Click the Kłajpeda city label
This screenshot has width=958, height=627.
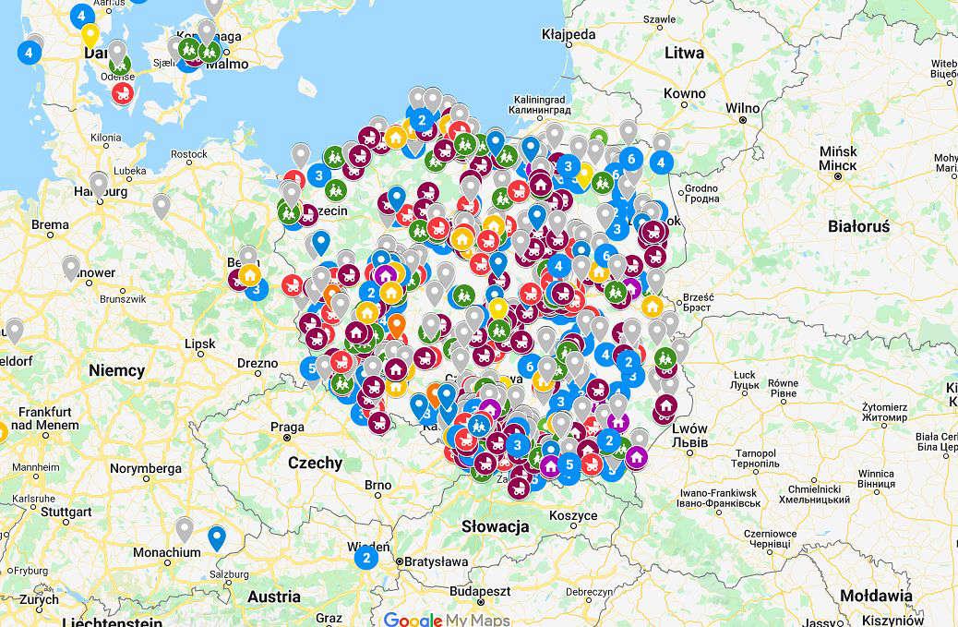(x=569, y=33)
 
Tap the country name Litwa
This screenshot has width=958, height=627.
(x=684, y=53)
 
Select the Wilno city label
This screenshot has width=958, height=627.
(x=742, y=108)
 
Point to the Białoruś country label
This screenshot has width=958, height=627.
(x=858, y=226)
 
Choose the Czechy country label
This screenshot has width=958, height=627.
(x=315, y=463)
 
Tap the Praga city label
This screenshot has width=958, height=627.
(x=288, y=427)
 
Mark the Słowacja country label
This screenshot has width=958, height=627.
(x=496, y=526)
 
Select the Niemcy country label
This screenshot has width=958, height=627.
(x=117, y=370)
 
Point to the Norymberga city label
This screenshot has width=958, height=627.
(x=146, y=468)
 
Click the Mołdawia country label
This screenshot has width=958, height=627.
(x=878, y=596)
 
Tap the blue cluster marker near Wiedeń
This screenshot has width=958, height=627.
(x=365, y=557)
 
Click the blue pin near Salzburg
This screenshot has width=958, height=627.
(x=217, y=536)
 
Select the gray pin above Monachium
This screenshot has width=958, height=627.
(x=185, y=528)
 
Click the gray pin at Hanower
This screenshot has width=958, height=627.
(x=71, y=267)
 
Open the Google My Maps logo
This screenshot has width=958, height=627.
(x=439, y=619)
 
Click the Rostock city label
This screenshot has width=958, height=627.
(x=188, y=154)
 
